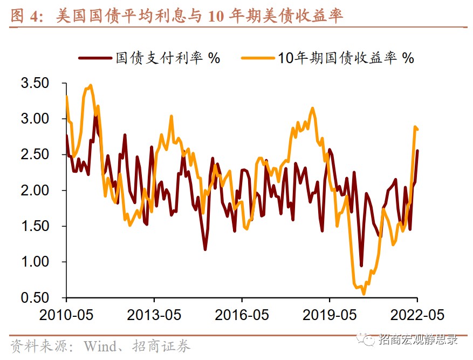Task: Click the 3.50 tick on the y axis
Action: (35, 84)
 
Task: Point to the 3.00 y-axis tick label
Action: (35, 119)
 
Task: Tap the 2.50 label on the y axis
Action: (35, 155)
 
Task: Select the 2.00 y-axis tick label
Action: (35, 191)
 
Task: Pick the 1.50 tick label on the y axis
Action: (35, 226)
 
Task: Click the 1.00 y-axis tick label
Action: (35, 262)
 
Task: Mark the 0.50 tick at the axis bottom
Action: (35, 297)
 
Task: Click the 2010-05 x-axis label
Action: (67, 315)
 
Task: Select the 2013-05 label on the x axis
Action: (154, 315)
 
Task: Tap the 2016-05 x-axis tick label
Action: (242, 315)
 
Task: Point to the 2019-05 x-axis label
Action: (330, 315)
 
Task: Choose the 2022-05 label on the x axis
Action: (417, 315)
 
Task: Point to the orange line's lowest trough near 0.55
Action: (364, 294)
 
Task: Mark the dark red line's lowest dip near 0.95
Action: (361, 266)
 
